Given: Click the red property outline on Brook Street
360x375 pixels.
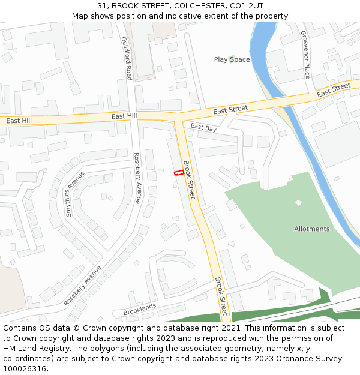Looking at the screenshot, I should click(x=179, y=173).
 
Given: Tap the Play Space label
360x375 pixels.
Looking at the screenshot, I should click(x=232, y=59).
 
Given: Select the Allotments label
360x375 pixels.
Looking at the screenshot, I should click(x=311, y=229).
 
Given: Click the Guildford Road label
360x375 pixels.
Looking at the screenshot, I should click(x=127, y=58).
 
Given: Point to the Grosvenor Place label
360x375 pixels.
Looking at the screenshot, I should click(x=305, y=55).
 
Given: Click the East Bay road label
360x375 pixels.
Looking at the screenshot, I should click(x=203, y=128).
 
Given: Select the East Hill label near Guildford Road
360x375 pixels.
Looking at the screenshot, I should click(x=124, y=115).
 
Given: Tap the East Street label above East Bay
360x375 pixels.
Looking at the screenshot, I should click(x=230, y=109).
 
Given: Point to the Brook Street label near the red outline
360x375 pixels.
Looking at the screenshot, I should click(x=189, y=180).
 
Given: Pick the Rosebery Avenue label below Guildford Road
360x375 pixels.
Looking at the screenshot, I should click(x=137, y=178).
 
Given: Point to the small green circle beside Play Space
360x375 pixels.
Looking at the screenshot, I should click(x=232, y=59).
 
